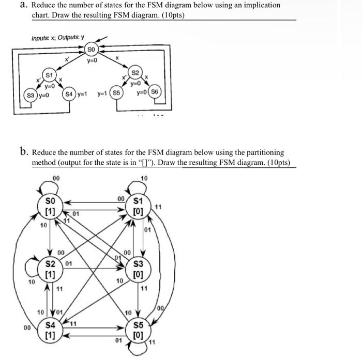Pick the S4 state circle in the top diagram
coord(68,94)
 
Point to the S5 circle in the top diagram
coord(117,94)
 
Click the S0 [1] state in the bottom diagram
coord(50,204)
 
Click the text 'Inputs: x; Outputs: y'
coord(58,38)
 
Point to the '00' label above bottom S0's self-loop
coord(55,178)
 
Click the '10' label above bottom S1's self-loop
coord(144,178)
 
